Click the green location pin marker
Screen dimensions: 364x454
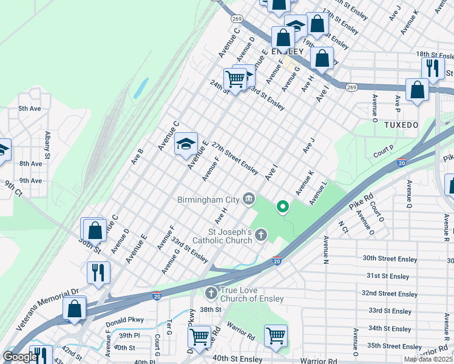point(282,207)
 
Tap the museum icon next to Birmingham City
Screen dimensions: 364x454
point(248,198)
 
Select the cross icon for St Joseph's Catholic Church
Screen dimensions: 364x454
point(261,234)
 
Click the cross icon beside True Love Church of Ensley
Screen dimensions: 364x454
point(211,294)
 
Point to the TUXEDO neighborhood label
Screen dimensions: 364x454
point(401,124)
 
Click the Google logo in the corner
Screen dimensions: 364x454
point(20,357)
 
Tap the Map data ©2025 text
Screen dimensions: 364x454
point(427,359)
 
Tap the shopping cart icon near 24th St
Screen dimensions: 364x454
point(235,78)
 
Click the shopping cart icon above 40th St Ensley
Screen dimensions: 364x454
point(276,334)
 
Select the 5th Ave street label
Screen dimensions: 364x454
point(29,109)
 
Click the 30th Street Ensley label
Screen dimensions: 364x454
point(390,259)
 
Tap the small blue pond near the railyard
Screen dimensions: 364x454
point(141,88)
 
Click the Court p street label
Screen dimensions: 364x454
point(384,151)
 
